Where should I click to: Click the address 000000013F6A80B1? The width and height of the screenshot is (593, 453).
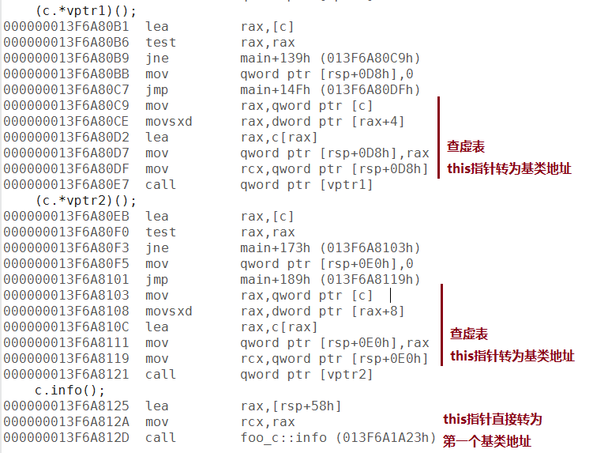coord(66,27)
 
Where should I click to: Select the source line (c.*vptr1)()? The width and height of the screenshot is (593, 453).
coord(86,11)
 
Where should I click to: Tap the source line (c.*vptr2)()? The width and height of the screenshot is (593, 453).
coord(86,201)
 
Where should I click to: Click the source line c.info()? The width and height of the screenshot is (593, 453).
coord(69,390)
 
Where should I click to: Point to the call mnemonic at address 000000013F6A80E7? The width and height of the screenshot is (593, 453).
coord(161,185)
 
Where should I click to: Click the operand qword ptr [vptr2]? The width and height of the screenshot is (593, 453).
coord(306,375)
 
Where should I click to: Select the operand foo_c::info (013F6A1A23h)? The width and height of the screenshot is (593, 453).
coord(338,438)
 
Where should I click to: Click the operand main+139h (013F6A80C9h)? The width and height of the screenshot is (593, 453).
coord(330,59)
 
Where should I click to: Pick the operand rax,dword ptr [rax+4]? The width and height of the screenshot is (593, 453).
coord(323,122)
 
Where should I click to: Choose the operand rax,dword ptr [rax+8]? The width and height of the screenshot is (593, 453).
coord(323,311)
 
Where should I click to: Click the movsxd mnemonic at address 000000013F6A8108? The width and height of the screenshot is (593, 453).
coord(169,311)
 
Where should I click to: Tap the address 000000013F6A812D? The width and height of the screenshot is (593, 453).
coord(66,438)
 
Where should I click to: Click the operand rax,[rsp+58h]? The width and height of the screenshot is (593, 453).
coord(291,406)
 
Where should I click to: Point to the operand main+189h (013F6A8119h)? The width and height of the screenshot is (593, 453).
coord(330,280)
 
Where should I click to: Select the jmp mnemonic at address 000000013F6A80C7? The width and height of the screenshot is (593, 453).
coord(157,90)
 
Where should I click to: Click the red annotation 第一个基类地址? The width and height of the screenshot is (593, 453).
coord(486,441)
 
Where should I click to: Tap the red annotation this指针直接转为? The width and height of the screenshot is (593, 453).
coord(493,419)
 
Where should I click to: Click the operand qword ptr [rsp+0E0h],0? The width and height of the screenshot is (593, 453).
coord(327,263)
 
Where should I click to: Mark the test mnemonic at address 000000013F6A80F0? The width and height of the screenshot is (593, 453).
coord(161,232)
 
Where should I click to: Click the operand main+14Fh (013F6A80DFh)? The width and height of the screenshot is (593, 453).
coord(330,90)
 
